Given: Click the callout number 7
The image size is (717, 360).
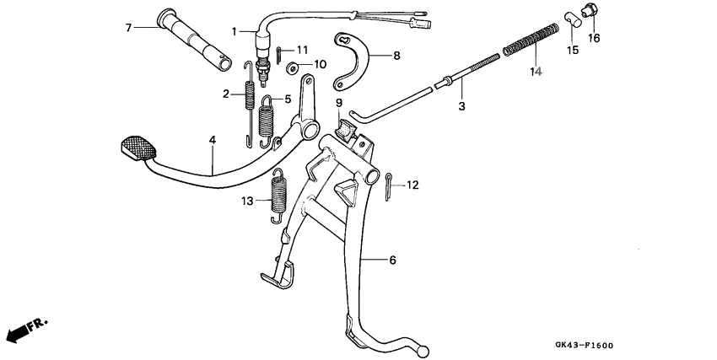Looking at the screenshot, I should coord(129,28).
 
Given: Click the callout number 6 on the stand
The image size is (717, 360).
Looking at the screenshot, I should coord(392,261).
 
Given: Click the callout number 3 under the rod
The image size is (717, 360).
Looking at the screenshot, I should coord(461,106).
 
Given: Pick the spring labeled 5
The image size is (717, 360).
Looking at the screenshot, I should coord(267,121).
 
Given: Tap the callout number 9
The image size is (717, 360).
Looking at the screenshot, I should coord(340,104).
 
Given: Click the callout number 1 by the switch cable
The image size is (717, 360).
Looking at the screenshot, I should coord(235,32).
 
